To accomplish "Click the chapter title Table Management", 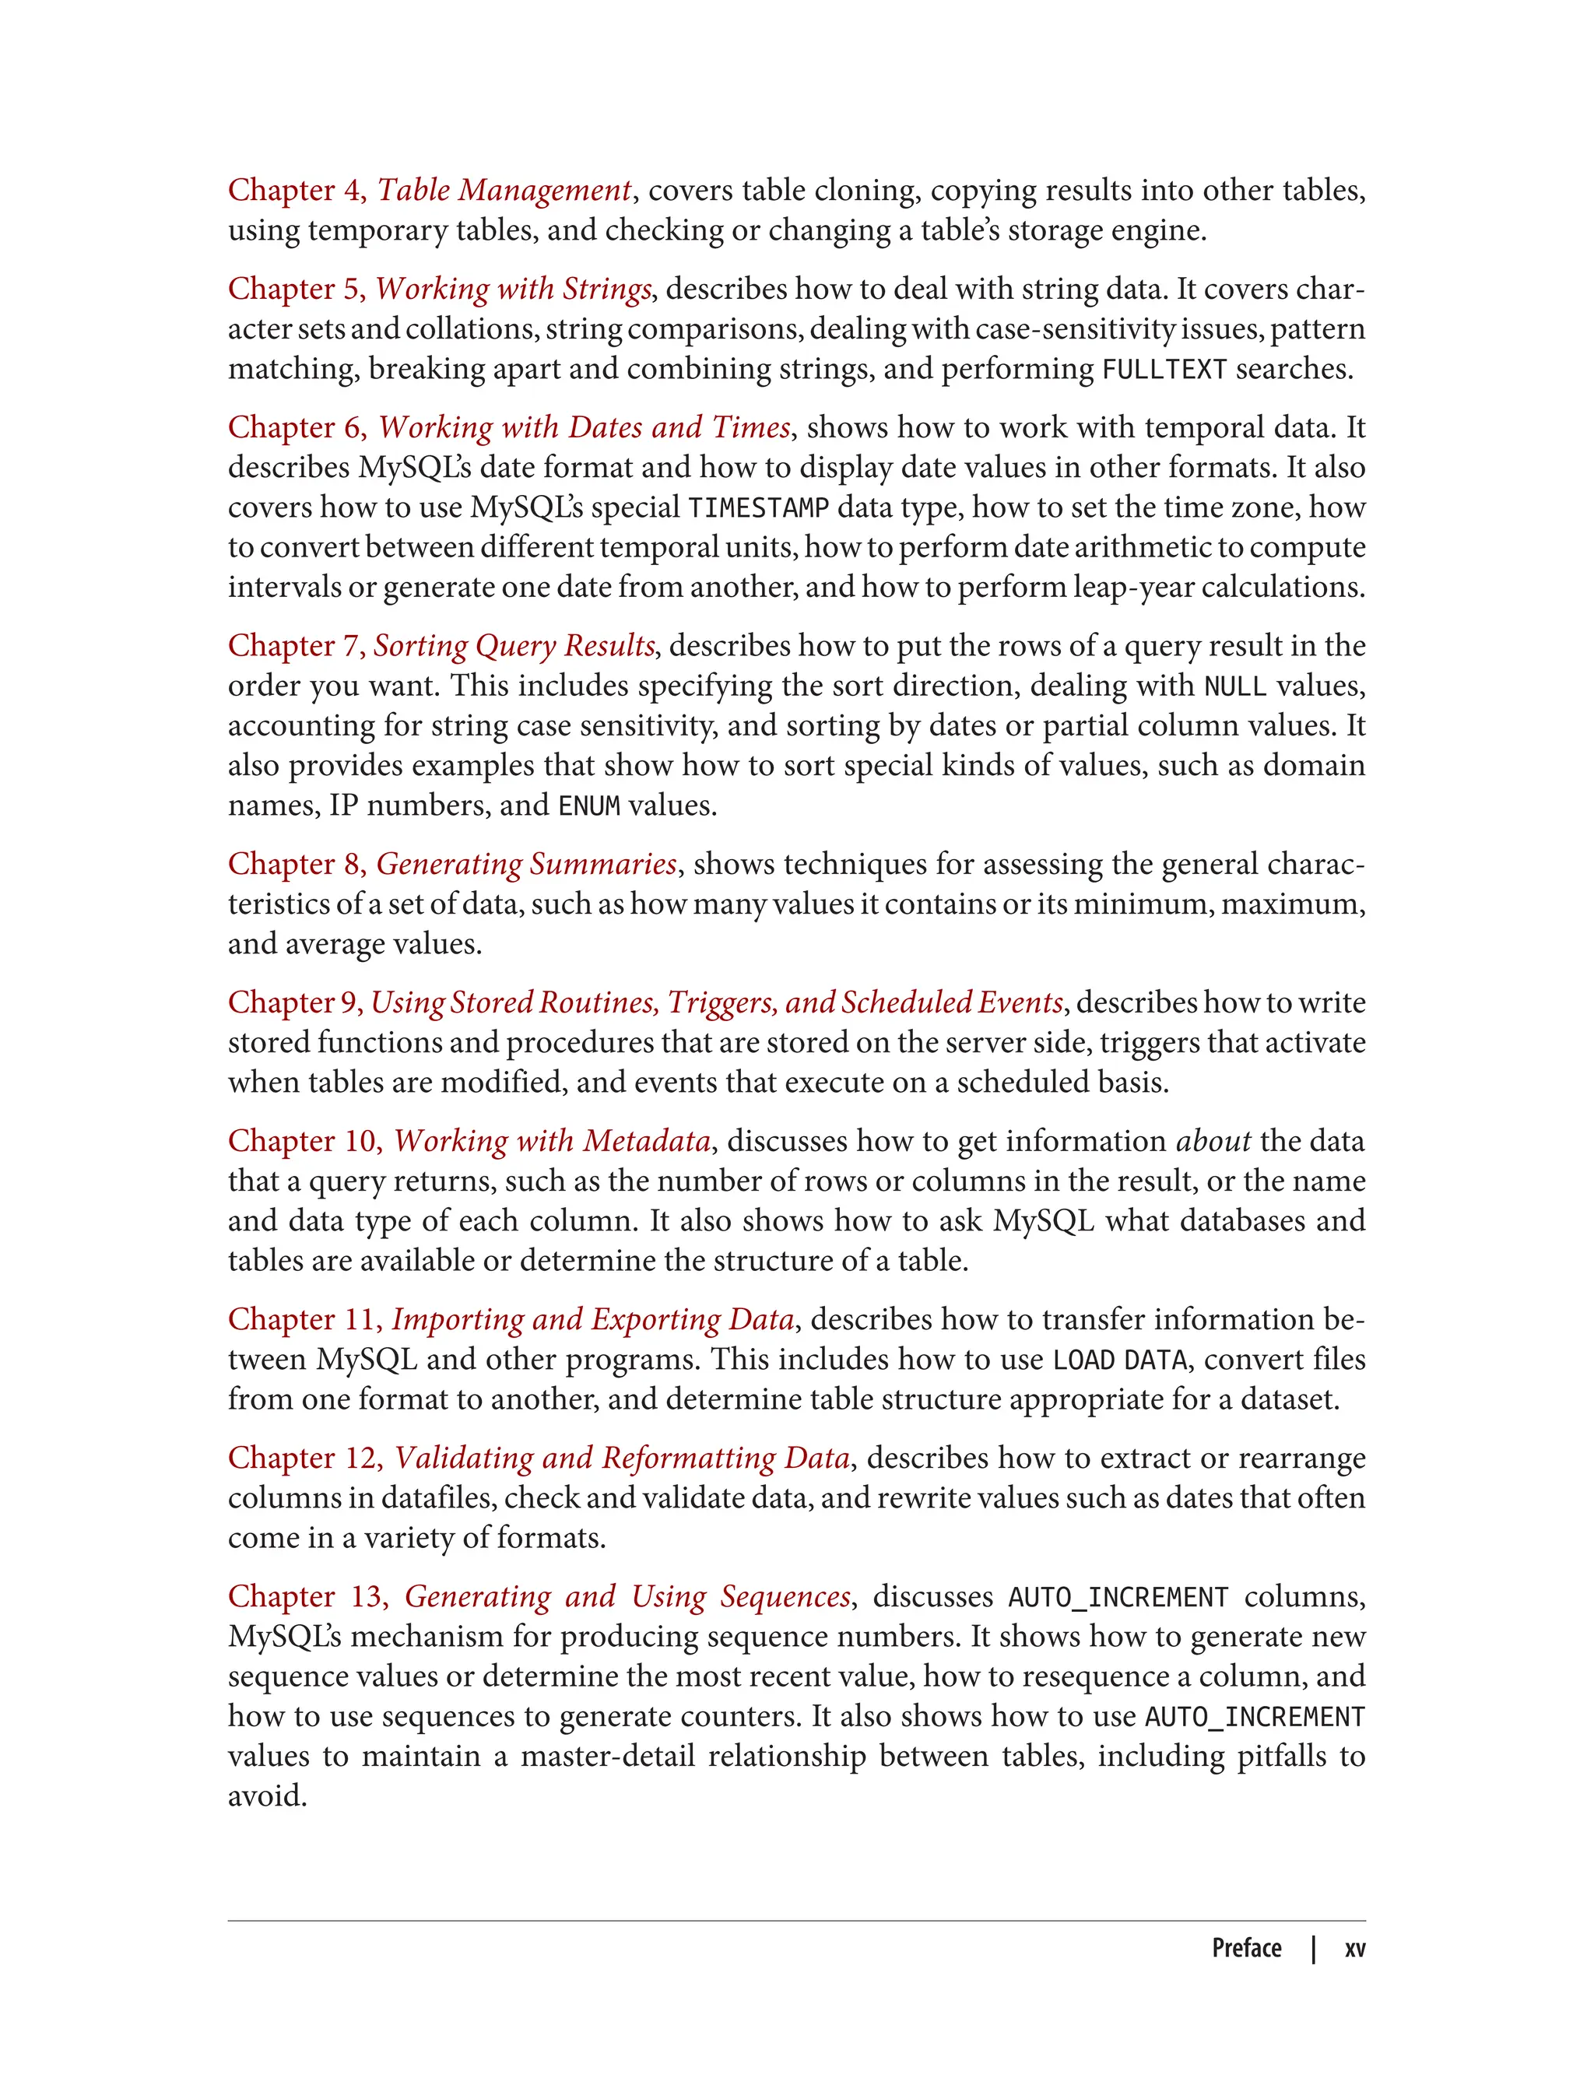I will click(504, 191).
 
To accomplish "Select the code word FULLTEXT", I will click(1164, 369).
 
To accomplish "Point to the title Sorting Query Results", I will click(514, 646).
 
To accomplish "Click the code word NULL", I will click(1234, 686).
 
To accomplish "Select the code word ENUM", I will click(588, 806).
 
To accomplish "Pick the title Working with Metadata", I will click(552, 1142).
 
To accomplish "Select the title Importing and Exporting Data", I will click(593, 1320).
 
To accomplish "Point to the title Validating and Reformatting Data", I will click(621, 1458).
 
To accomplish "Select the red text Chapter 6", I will click(296, 428).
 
